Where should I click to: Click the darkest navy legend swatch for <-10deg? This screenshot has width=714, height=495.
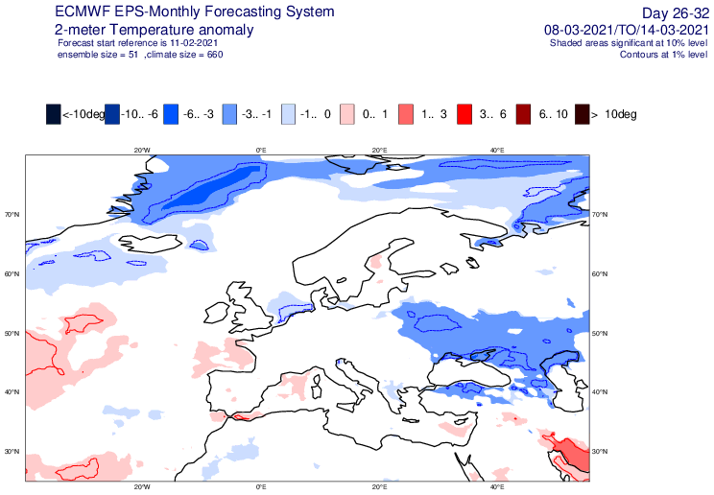point(54,114)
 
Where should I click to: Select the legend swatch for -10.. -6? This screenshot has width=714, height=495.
point(112,114)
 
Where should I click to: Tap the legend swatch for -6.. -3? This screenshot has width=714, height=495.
point(171,114)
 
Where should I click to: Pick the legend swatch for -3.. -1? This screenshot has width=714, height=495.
point(229,114)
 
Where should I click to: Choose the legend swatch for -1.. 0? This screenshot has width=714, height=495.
point(288,114)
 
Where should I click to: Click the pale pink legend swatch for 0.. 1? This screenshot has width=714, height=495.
point(347,114)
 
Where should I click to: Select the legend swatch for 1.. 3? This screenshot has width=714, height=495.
point(406,114)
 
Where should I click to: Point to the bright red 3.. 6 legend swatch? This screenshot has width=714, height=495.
point(464,114)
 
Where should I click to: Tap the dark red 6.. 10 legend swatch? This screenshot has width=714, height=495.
point(523,114)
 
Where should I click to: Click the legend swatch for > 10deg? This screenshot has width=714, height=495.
point(582,114)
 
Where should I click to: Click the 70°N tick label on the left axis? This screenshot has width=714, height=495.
point(12,215)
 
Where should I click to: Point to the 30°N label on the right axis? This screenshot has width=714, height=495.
point(599,451)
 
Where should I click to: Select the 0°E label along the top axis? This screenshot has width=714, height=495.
point(261,150)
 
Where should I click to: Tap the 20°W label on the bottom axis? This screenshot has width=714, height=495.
point(143,487)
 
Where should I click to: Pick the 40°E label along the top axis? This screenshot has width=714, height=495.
point(497,150)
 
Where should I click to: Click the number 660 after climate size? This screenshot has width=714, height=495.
point(215,55)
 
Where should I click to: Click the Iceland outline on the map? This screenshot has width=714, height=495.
point(149,243)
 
